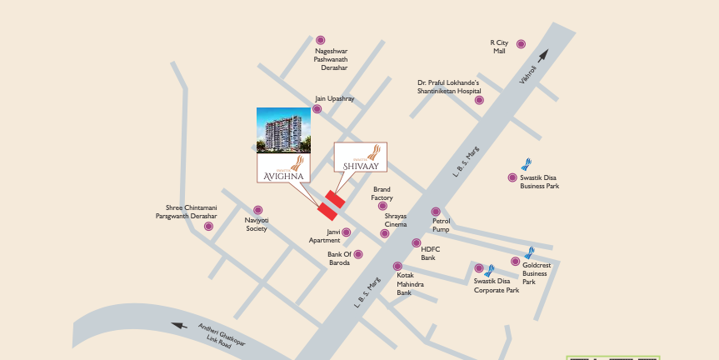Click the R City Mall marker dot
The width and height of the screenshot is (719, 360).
coord(521,44)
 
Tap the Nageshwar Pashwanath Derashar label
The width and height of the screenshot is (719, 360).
coord(331,59)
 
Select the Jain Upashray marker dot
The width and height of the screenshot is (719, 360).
coord(318,108)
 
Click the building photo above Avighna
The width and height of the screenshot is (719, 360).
coord(283,130)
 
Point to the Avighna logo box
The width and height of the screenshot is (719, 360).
coord(283,167)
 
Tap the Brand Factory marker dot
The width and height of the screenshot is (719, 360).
coord(382,206)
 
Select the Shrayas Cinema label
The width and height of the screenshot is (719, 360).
coord(396,220)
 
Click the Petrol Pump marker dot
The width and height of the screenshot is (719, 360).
coord(435,212)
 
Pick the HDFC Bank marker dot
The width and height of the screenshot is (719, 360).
coord(417,243)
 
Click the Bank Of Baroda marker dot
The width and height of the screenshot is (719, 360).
coord(358,255)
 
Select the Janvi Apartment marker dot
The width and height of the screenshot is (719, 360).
coord(347,232)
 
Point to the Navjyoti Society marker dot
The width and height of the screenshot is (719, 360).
coord(257,210)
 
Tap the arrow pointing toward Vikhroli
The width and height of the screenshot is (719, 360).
coord(542,56)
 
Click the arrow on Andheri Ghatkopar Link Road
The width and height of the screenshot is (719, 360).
coord(177,326)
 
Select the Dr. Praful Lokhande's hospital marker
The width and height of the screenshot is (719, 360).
coord(479,100)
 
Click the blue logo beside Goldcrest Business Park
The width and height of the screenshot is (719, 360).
coord(528,253)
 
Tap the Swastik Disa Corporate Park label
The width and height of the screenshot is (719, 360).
coord(497,286)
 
